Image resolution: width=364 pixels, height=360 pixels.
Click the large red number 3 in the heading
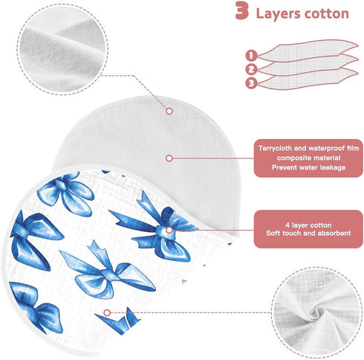[242, 10]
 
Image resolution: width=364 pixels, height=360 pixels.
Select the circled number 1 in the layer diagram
[251, 55]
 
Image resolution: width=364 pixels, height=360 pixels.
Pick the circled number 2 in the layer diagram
[251, 69]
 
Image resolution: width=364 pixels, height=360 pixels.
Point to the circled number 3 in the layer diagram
[251, 83]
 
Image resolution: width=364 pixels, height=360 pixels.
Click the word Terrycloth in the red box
[275, 149]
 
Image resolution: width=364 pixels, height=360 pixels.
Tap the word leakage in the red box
[333, 167]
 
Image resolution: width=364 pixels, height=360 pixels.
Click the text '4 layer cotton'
[308, 225]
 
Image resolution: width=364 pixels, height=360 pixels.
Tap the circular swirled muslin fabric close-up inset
[317, 312]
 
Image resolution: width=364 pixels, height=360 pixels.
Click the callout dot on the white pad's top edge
[169, 111]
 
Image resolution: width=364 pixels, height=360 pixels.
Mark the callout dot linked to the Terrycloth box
[169, 158]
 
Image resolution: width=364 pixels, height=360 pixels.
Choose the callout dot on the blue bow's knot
[169, 230]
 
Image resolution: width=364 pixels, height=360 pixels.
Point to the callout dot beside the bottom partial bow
[107, 312]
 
